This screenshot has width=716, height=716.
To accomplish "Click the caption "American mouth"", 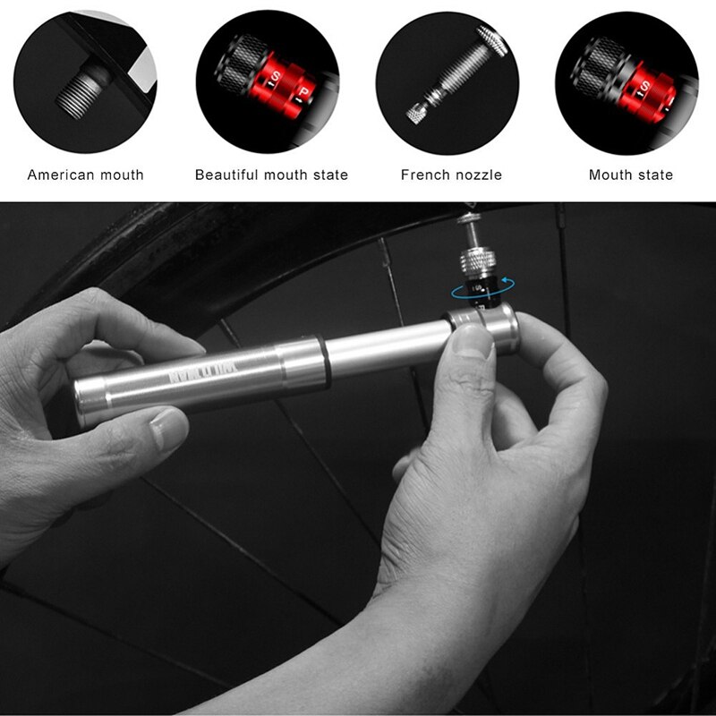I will point(85,175).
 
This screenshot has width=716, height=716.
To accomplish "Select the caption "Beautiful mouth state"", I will point(271,175).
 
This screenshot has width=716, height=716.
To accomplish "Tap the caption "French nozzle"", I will point(451,175).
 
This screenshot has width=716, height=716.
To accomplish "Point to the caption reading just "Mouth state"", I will point(630,175).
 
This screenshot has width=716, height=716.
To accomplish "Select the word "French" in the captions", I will point(427,175).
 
